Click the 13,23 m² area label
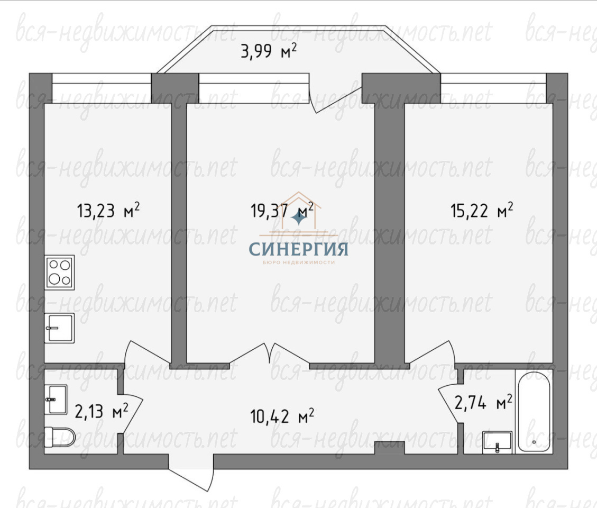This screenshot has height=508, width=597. pyautogui.click(x=108, y=210)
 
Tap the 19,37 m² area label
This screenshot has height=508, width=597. pyautogui.click(x=282, y=210)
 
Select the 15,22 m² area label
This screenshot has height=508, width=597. pyautogui.click(x=482, y=210)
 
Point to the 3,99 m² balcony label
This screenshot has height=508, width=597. pyautogui.click(x=269, y=51)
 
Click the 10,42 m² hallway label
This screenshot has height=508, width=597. pyautogui.click(x=282, y=416)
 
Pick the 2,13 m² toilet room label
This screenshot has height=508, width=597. pyautogui.click(x=102, y=411)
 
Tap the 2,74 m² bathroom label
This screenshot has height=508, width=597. pyautogui.click(x=483, y=402)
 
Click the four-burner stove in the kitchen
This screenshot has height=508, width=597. pyautogui.click(x=59, y=272)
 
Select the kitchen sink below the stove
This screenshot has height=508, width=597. pyautogui.click(x=59, y=328)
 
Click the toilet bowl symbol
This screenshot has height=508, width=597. pyautogui.click(x=60, y=437)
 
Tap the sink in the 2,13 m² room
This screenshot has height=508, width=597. pyautogui.click(x=56, y=400)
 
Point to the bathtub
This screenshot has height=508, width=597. pyautogui.click(x=534, y=412)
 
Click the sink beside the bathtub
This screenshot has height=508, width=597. pyautogui.click(x=497, y=442)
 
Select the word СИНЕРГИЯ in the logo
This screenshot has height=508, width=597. pyautogui.click(x=298, y=249)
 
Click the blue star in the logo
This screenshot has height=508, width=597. pyautogui.click(x=299, y=219)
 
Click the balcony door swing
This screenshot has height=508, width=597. pyautogui.click(x=335, y=94)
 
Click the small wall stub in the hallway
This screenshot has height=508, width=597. pyautogui.click(x=389, y=447)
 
